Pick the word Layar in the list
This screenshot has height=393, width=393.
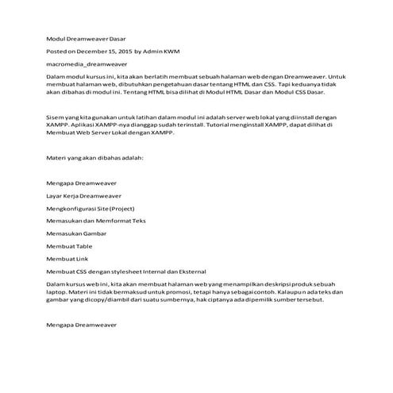point(54,195)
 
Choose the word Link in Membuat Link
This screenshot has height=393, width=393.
point(83,258)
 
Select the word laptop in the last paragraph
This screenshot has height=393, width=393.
point(56,291)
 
